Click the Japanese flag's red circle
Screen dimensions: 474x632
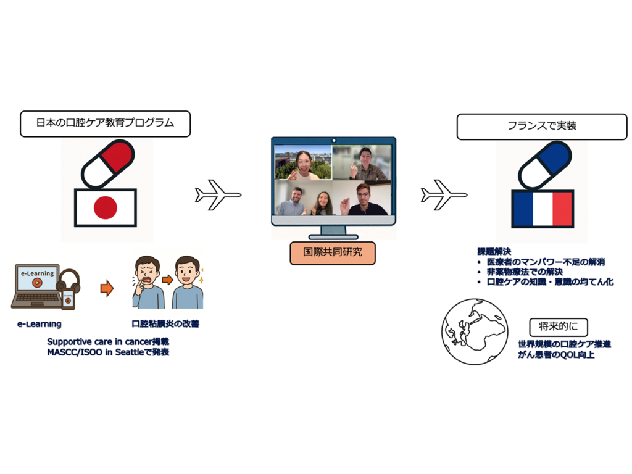[x=106, y=207]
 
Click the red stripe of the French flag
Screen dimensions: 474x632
[x=562, y=209]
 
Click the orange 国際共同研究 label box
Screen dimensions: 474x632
[x=333, y=253]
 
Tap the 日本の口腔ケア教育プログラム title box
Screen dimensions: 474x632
[x=105, y=123]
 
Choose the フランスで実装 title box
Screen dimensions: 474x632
[x=533, y=127]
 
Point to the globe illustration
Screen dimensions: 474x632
[x=475, y=331]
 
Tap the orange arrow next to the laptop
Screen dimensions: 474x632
[x=107, y=288]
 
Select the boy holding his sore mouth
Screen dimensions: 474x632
[x=148, y=283]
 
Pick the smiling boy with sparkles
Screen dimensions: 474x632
[x=188, y=283]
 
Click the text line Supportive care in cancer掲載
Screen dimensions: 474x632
[x=108, y=341]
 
